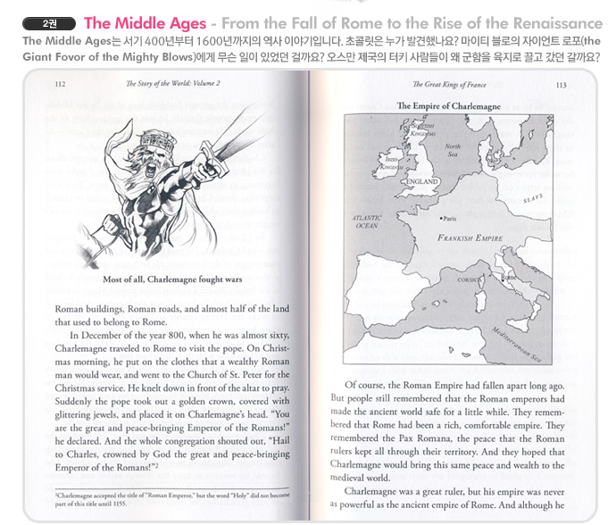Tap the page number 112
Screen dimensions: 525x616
[61, 86]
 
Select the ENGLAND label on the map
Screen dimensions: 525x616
[422, 182]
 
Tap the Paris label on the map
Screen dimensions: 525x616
[447, 217]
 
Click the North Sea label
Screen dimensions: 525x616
[454, 150]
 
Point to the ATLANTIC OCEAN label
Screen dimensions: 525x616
[368, 222]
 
